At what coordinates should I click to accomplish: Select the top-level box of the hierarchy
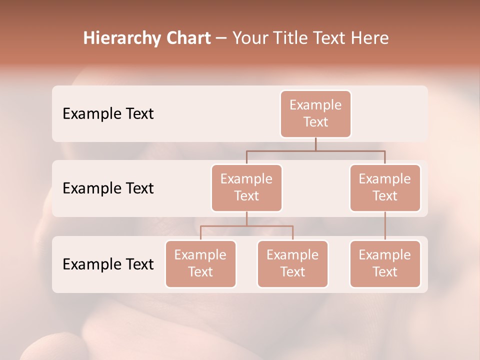(x=315, y=113)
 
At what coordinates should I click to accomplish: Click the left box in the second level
(x=246, y=187)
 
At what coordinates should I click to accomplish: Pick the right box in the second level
(x=385, y=187)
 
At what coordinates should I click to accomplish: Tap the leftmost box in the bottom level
(x=200, y=263)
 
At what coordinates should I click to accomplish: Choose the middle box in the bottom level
(x=292, y=263)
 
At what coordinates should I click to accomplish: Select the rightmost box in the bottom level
(x=385, y=263)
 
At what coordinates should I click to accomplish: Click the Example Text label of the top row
(x=108, y=114)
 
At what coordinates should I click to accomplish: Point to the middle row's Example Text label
(x=108, y=188)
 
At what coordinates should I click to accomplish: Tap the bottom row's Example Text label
(x=108, y=264)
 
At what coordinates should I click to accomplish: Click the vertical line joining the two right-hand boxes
(x=385, y=226)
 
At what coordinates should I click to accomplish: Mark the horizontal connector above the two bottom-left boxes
(x=246, y=226)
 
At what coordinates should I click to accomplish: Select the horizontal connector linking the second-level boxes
(x=315, y=150)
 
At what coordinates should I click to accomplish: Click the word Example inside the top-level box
(x=315, y=105)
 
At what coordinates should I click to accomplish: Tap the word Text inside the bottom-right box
(x=385, y=272)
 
